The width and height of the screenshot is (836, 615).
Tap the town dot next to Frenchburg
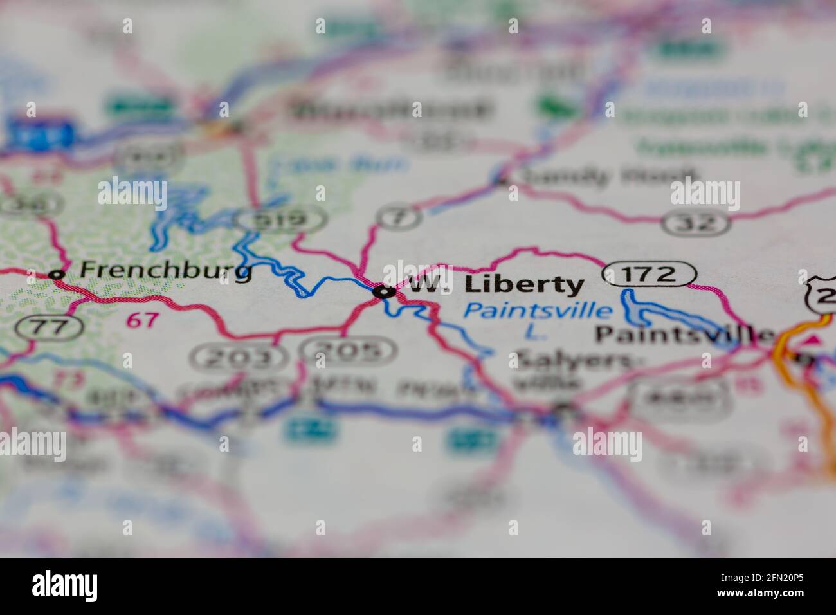pos(57,275)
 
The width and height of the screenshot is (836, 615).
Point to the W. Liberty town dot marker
pos(384,292)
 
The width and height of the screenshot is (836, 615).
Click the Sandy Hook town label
pos(608,176)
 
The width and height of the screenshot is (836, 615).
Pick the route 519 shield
pos(280,221)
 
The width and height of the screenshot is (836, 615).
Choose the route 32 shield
pos(697,223)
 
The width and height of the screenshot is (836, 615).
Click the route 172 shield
pos(650,275)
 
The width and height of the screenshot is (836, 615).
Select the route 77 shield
pos(50,327)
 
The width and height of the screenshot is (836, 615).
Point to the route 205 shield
pos(349,351)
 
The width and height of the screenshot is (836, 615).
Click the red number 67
pos(142,320)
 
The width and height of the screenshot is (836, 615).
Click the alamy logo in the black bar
pos(65,585)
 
